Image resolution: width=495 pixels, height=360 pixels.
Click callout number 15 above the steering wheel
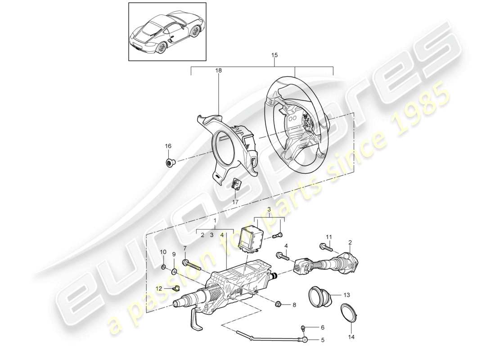[x=274, y=55]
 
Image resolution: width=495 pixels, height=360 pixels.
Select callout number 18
[x=219, y=71]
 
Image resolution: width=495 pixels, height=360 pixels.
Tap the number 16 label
[x=168, y=146]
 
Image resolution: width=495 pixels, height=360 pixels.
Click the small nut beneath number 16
[x=169, y=162]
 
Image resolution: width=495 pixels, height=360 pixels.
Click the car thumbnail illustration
[x=168, y=31]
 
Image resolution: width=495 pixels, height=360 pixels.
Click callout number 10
[x=163, y=252]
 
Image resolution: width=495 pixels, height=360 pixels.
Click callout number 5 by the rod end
[x=322, y=341]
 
